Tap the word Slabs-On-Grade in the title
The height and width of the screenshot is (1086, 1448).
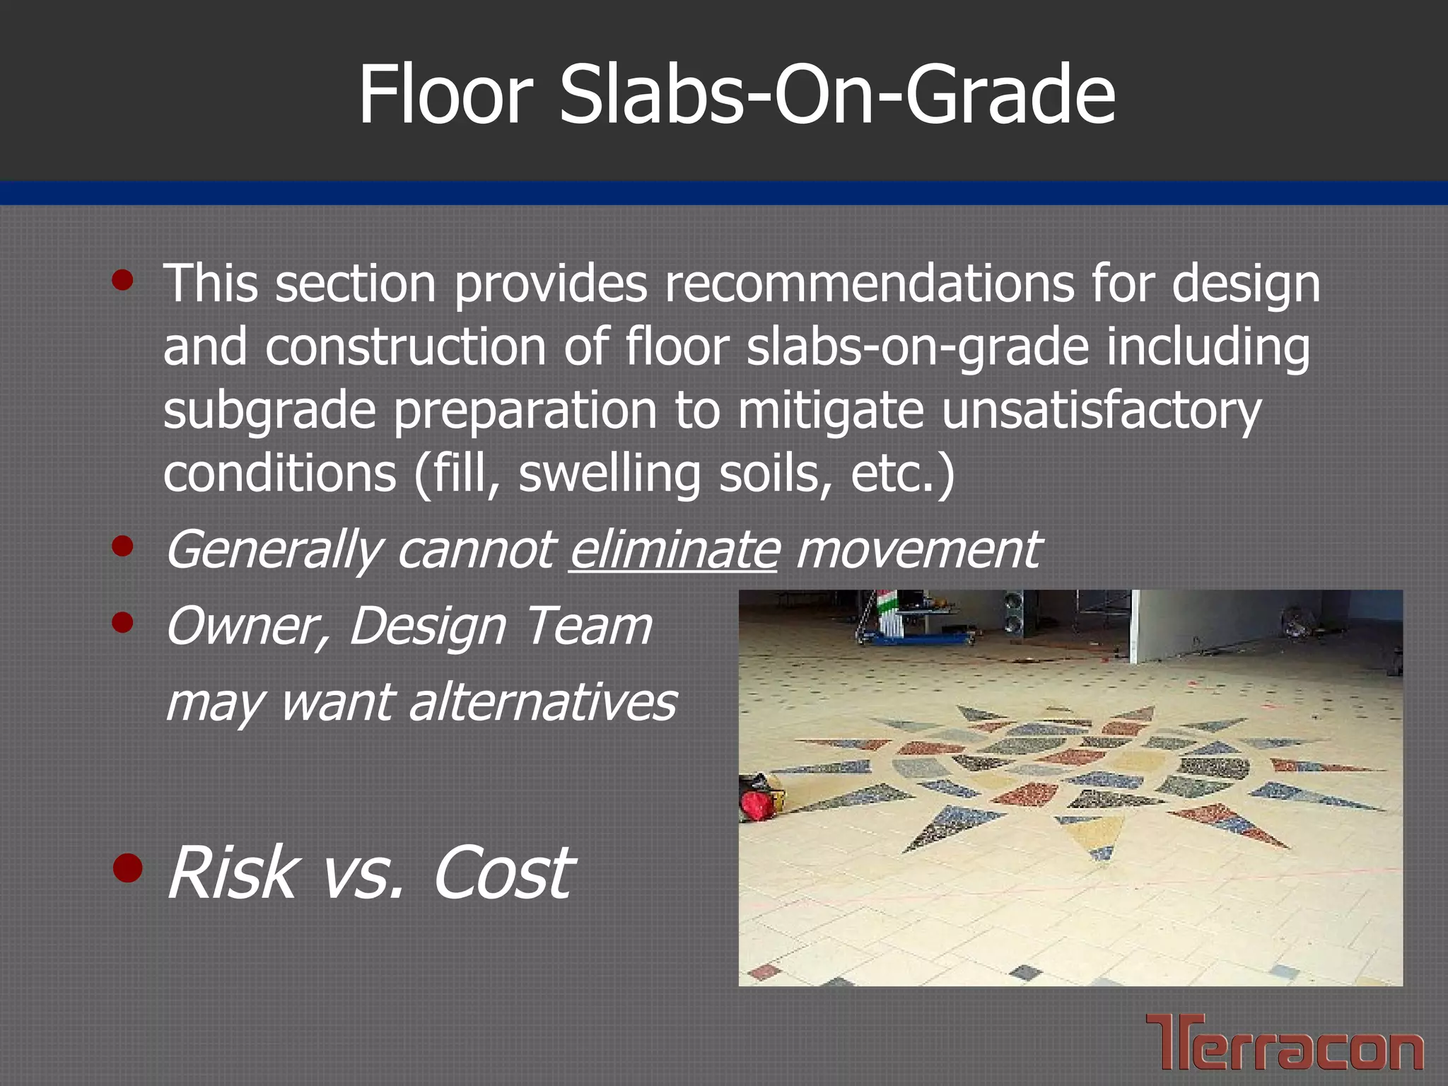coord(838,95)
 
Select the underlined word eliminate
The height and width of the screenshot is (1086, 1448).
coord(673,550)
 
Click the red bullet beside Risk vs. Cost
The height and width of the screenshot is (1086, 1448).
coord(127,869)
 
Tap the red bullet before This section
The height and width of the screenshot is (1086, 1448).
coord(122,280)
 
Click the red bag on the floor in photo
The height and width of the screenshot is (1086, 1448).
coord(760,799)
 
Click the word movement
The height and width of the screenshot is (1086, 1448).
coord(917,550)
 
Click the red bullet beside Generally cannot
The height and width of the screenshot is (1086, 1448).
coord(122,546)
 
